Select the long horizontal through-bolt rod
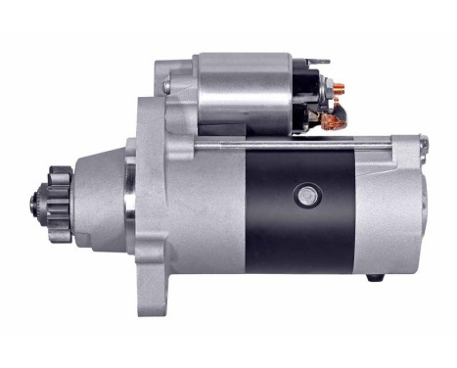coord(294,144)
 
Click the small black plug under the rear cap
coord(373,278)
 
